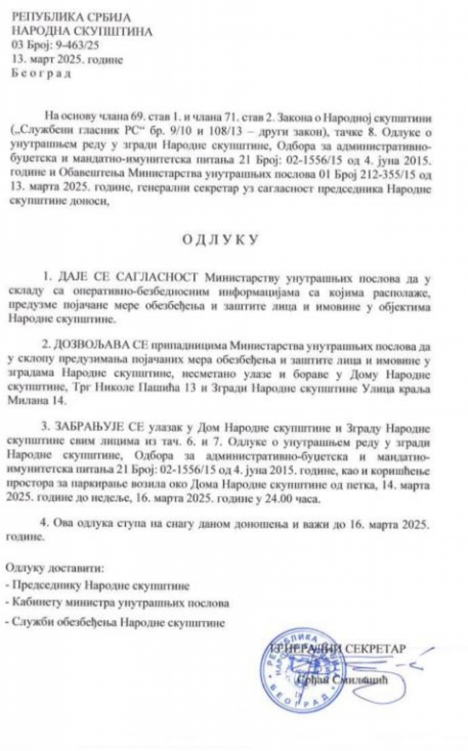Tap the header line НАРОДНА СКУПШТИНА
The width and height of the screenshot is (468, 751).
point(82,32)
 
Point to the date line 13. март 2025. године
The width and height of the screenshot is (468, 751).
point(68,59)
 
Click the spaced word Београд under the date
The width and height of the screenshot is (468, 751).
point(41,73)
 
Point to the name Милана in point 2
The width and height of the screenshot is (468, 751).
point(25,400)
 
